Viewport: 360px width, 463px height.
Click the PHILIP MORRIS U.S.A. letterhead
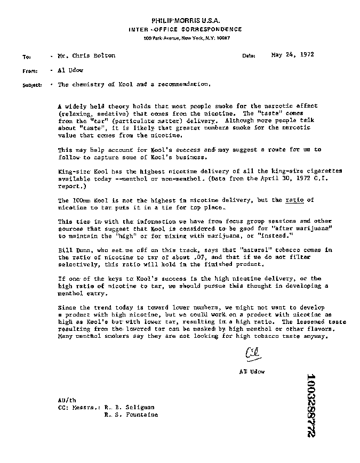(185, 20)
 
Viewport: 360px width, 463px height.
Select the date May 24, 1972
(292, 54)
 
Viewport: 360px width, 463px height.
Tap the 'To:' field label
(27, 56)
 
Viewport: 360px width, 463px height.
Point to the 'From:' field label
(29, 70)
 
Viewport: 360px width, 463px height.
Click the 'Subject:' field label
(32, 85)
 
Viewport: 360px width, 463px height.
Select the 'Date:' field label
(249, 55)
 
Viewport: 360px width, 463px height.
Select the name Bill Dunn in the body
(69, 249)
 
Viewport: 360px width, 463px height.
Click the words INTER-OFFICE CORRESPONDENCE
(185, 29)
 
